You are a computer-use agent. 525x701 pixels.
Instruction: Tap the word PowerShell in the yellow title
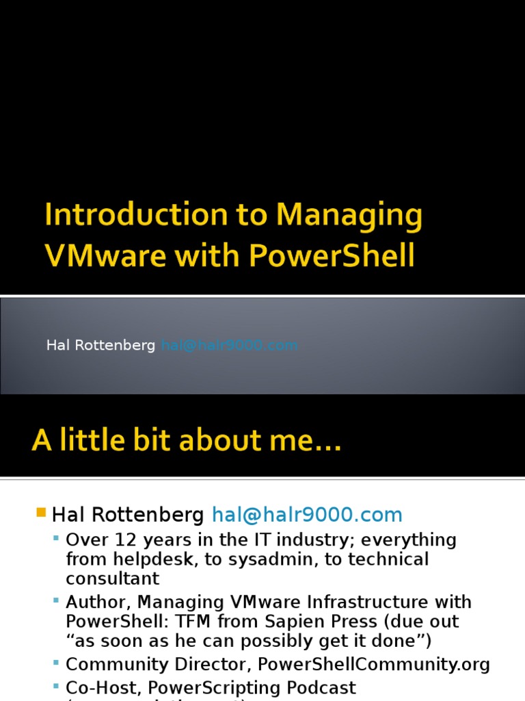[332, 255]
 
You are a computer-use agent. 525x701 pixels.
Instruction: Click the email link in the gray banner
[230, 346]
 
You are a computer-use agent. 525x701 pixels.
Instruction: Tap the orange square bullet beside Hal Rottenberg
[40, 512]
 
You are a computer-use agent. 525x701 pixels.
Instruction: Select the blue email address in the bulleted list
[307, 515]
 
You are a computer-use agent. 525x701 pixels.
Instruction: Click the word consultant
[112, 578]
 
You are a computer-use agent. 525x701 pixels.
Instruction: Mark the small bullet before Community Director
[56, 663]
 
